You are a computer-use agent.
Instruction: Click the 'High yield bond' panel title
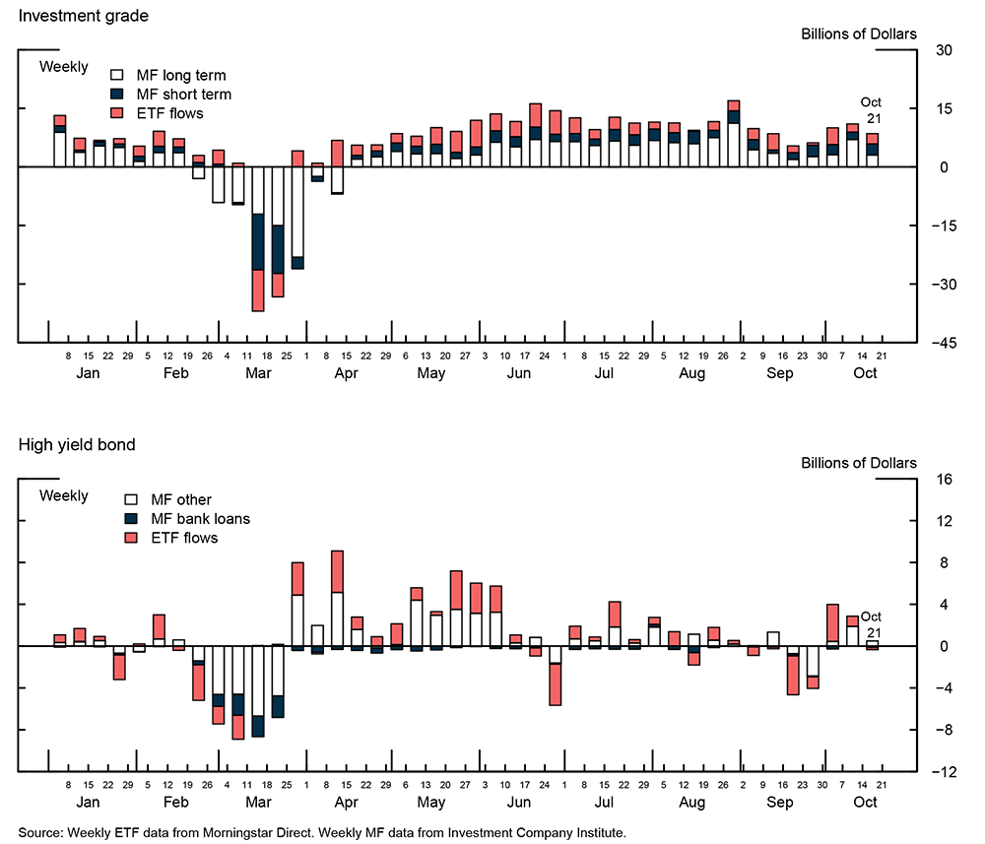click(77, 445)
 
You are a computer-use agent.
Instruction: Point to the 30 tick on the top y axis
click(944, 50)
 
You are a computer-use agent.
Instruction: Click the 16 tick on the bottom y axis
click(944, 480)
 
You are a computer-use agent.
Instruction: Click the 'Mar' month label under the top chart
click(258, 374)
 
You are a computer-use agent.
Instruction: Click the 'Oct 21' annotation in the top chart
click(871, 110)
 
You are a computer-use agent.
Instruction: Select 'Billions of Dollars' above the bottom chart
click(858, 463)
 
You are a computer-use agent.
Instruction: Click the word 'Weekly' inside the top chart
click(64, 67)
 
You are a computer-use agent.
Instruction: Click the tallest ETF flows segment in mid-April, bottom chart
click(337, 571)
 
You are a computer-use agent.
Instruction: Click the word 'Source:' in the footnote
click(40, 833)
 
